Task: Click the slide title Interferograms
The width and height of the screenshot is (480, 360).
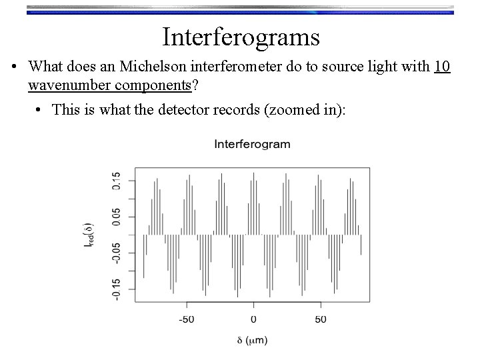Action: coord(241,37)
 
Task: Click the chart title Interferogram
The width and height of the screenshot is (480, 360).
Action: coord(252,144)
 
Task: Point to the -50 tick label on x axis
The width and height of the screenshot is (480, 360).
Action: coord(186,319)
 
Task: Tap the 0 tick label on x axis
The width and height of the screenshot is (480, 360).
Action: coord(253,319)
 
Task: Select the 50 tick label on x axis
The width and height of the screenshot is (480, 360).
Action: coord(321,319)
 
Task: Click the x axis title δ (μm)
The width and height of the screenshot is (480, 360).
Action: coord(253,341)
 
